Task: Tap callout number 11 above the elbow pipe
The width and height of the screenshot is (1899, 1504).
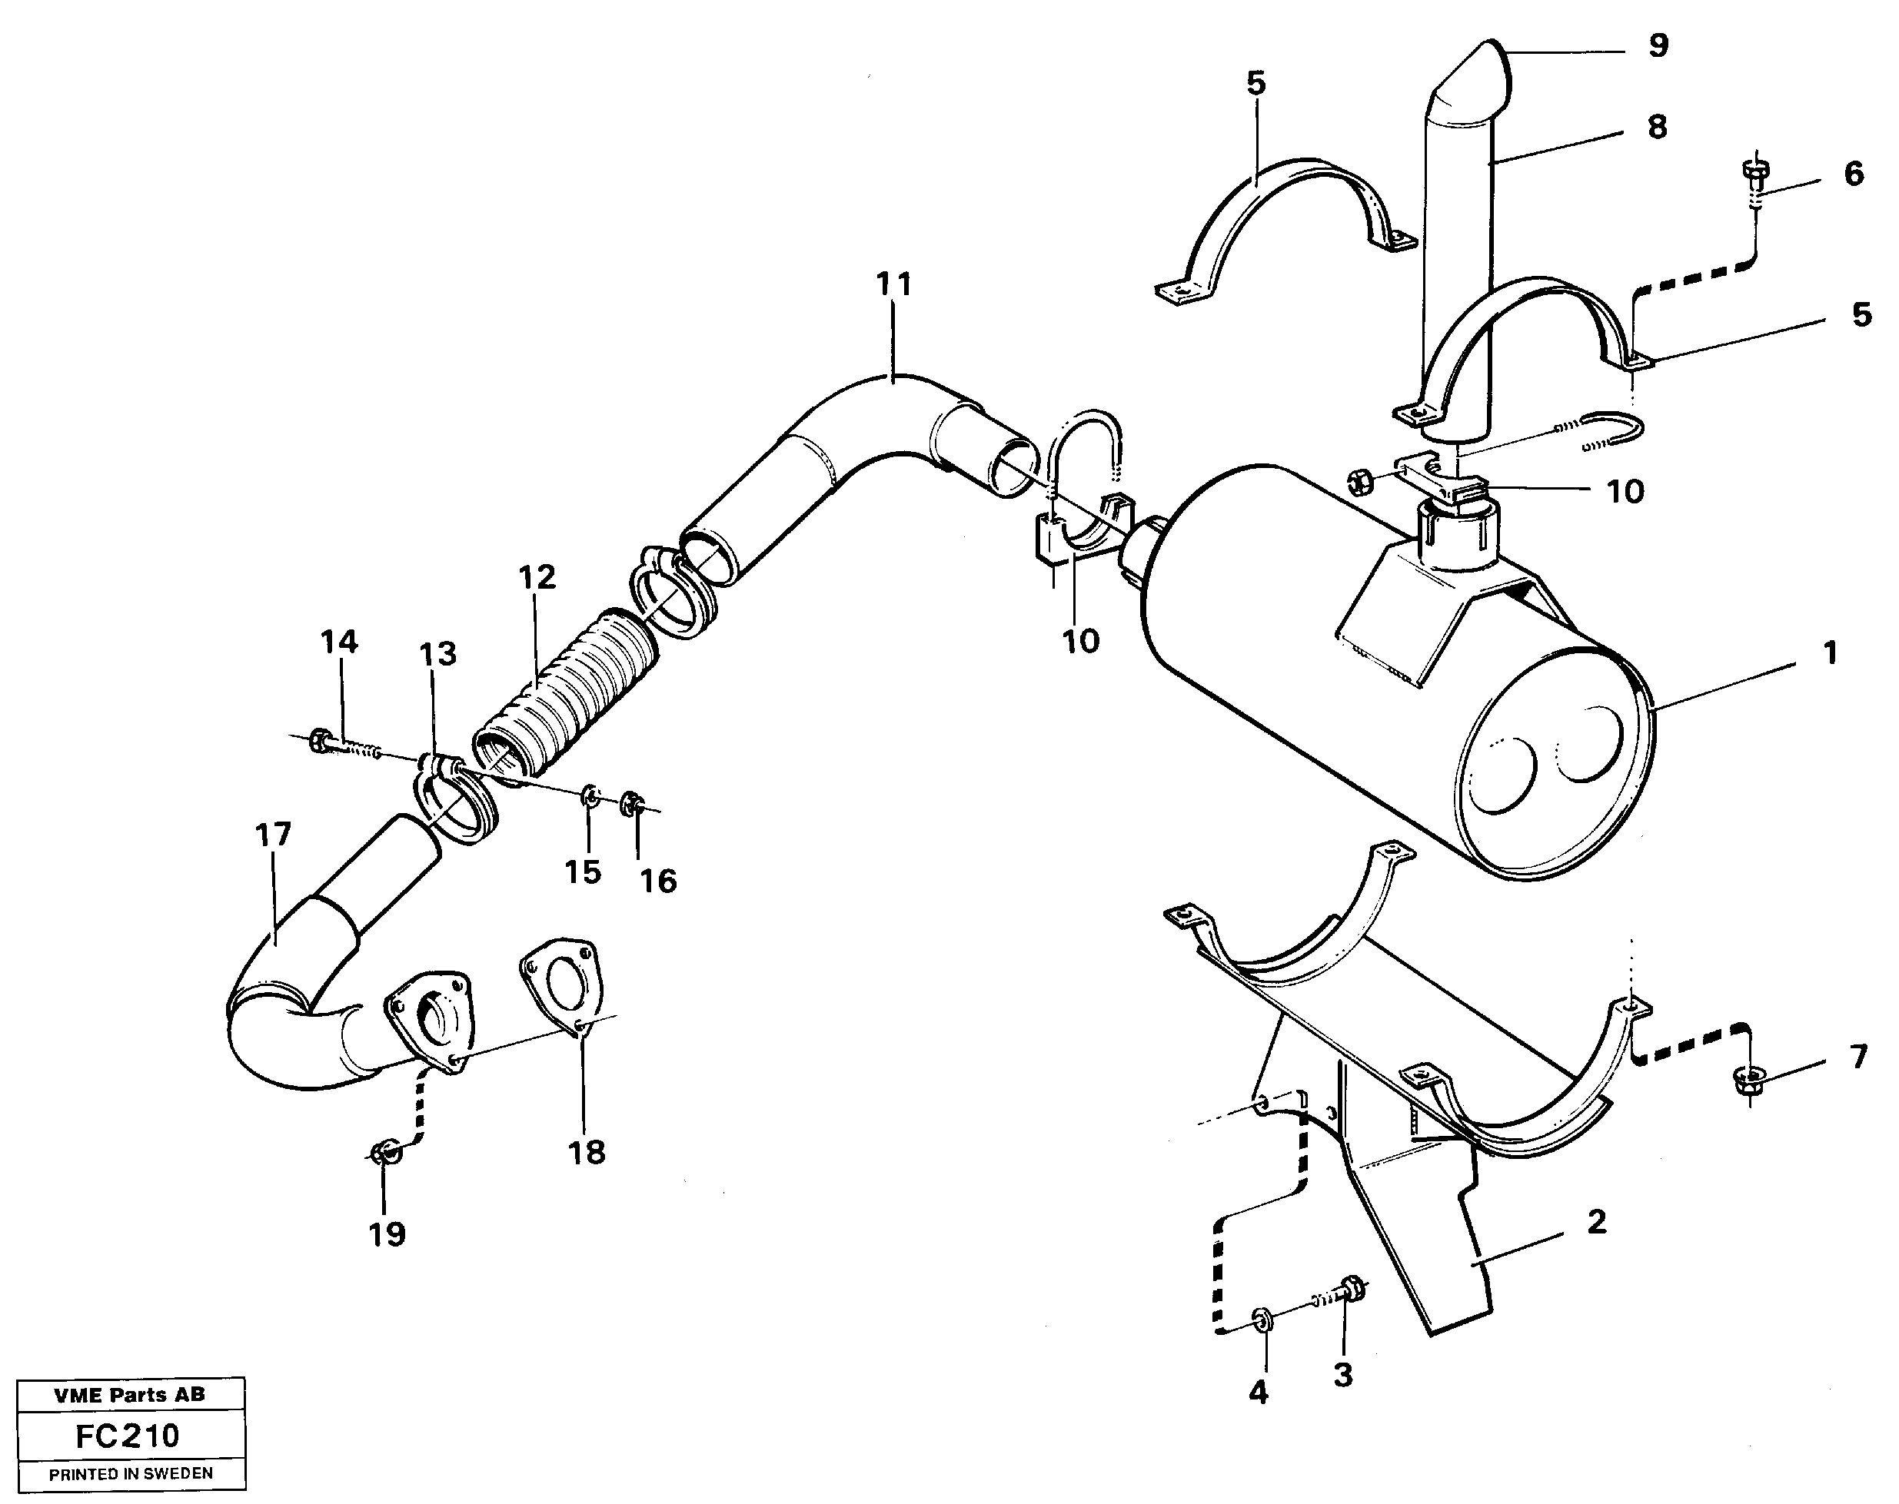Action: (x=893, y=284)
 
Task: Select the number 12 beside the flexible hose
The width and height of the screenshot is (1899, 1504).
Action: (x=537, y=578)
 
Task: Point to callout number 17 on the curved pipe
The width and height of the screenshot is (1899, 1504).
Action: (x=273, y=835)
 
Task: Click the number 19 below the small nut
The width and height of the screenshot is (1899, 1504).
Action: (x=387, y=1234)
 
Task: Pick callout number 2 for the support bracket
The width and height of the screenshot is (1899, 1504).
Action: (x=1596, y=1222)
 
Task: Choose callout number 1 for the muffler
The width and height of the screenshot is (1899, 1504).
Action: (x=1829, y=653)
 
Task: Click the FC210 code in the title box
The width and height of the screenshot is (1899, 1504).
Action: (x=128, y=1436)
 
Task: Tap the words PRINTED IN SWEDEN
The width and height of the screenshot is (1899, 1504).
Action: (x=131, y=1474)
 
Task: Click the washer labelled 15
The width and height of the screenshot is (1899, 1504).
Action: (x=591, y=798)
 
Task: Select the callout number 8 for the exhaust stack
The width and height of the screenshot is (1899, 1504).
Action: (x=1657, y=128)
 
